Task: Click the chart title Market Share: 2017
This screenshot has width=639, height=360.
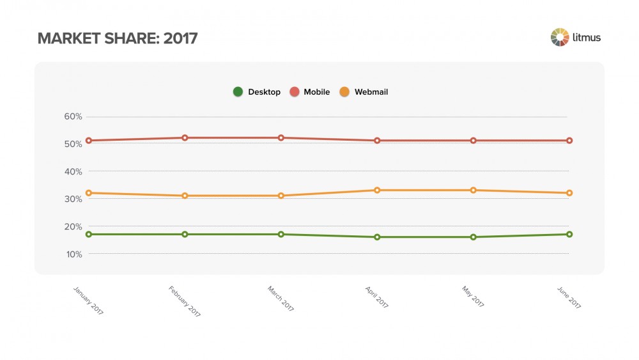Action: coord(118,38)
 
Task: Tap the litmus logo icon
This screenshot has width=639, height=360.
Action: coord(560,37)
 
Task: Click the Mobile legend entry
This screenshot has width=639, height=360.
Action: coord(310,92)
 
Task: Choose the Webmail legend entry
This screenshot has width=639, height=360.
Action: coord(364,92)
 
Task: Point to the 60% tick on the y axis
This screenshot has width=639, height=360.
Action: coord(73,116)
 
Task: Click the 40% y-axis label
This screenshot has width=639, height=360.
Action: coord(73,171)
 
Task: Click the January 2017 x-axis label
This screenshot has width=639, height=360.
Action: coord(88,300)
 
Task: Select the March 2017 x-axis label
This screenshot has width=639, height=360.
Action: coord(281,299)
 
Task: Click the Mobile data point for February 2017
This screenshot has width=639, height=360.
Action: coord(185,137)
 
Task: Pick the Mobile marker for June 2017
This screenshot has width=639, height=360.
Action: coord(569,140)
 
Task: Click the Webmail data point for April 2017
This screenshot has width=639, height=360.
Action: coord(377,190)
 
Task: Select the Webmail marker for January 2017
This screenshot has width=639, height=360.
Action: coord(89,192)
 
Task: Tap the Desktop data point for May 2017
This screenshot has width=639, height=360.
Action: coord(473,237)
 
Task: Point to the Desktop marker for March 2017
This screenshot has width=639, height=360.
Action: coord(281,234)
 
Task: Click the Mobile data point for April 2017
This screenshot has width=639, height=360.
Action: coord(377,140)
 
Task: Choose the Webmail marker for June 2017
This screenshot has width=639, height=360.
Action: coord(569,192)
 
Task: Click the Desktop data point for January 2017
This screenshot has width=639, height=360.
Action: coord(89,234)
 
